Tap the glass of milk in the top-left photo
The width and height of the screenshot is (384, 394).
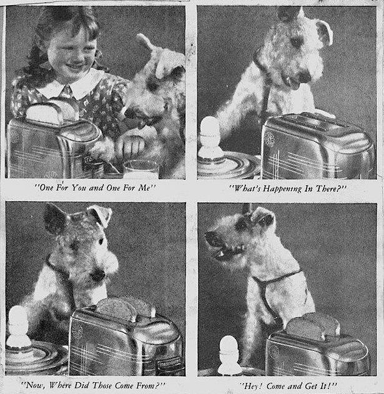pos(141,169)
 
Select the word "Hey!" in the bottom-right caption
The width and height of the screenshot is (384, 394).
pos(252,386)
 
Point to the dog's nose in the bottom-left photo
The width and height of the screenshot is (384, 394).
pos(98,275)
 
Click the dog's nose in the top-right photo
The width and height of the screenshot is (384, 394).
pos(305,76)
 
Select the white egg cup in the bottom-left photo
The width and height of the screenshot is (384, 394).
pos(17,326)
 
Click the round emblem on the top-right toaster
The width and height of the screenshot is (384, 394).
pos(270,139)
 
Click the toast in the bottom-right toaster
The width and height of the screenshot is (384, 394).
pos(313,326)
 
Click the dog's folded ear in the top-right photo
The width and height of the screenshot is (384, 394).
pos(324,32)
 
